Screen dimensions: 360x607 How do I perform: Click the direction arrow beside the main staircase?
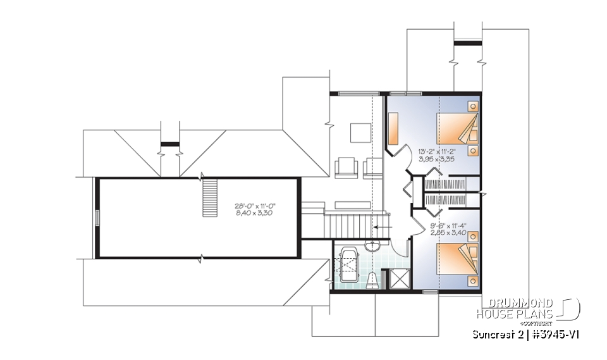click(381, 224)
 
